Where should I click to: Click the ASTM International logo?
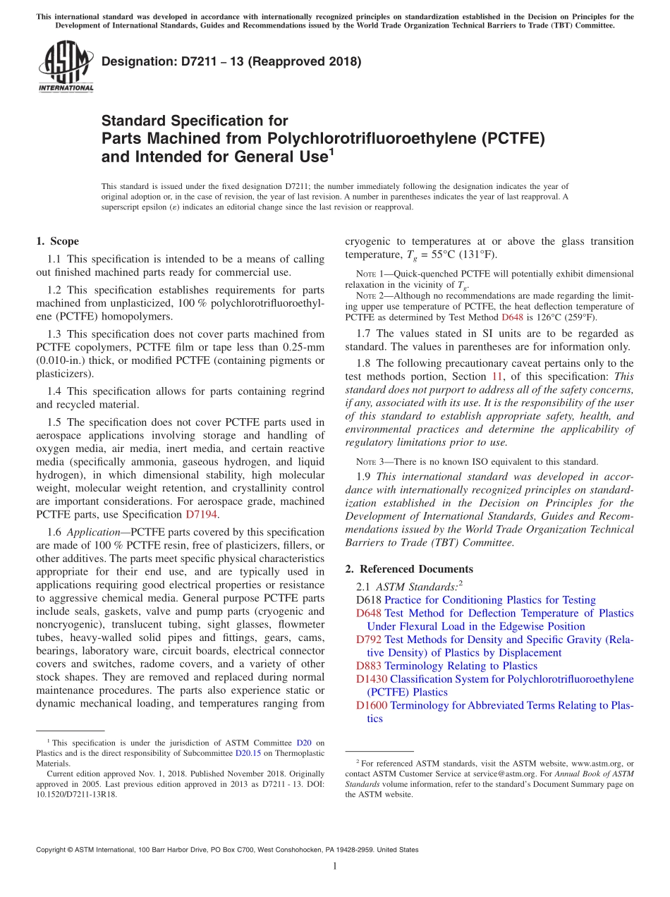(x=66, y=68)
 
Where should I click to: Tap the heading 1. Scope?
(x=57, y=241)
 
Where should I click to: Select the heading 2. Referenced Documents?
(x=409, y=569)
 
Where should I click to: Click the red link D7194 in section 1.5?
(x=201, y=515)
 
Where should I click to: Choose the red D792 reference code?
(x=369, y=640)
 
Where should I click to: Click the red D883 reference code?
(x=369, y=666)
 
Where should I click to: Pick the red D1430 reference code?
(x=372, y=679)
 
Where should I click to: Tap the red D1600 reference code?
(x=372, y=705)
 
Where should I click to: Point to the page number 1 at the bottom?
(x=334, y=867)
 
